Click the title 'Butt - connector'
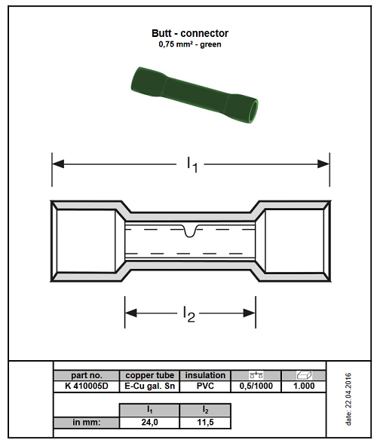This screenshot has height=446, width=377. click(x=190, y=33)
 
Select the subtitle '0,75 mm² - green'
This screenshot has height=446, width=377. click(x=190, y=44)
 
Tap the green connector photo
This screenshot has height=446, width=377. click(x=195, y=95)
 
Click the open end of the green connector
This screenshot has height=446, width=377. click(x=253, y=111)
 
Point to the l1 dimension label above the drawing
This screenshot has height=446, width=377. click(x=192, y=164)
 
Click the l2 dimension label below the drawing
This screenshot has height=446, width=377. click(x=189, y=314)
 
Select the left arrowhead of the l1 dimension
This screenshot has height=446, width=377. click(x=58, y=164)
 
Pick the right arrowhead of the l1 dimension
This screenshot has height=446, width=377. click(x=323, y=164)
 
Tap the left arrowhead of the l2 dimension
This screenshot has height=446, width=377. click(x=131, y=313)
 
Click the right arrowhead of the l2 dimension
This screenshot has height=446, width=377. click(x=250, y=313)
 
